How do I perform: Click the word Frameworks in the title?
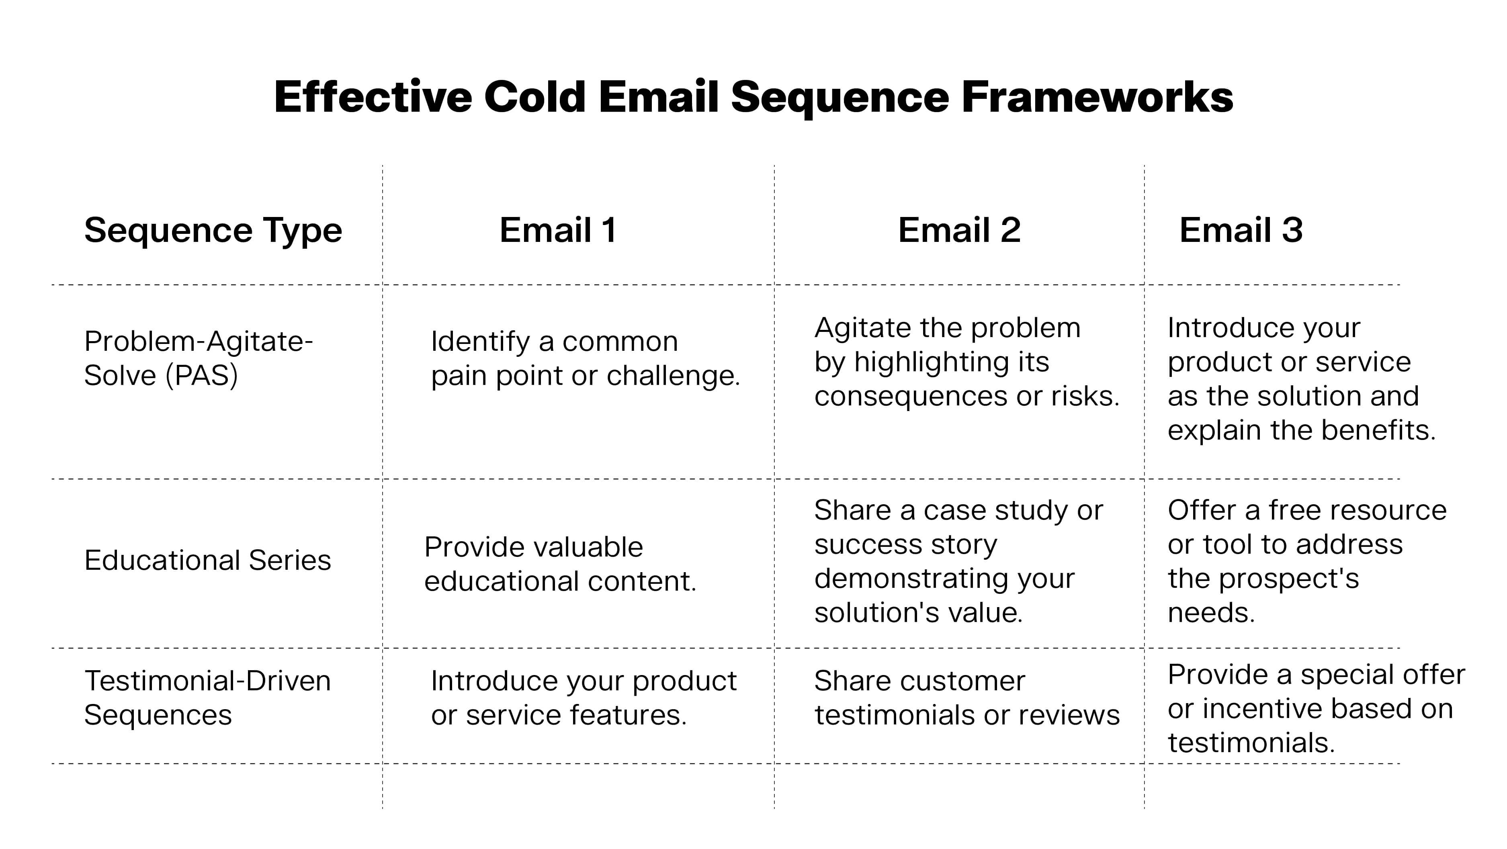[x=1097, y=97]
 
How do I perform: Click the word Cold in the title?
[x=534, y=97]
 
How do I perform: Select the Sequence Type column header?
[x=213, y=230]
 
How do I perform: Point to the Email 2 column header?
[x=959, y=230]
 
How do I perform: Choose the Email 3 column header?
[x=1241, y=230]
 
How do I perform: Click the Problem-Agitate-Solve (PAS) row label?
[x=198, y=358]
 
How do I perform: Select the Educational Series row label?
[x=208, y=561]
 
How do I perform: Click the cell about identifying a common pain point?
[x=585, y=358]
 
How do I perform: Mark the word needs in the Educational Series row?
[x=1210, y=613]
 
